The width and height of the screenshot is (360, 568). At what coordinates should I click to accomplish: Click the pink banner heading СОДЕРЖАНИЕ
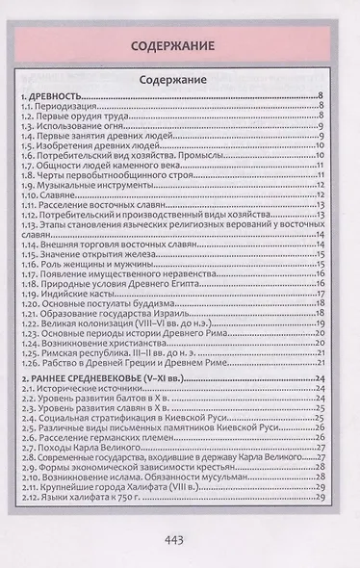[x=180, y=45]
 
